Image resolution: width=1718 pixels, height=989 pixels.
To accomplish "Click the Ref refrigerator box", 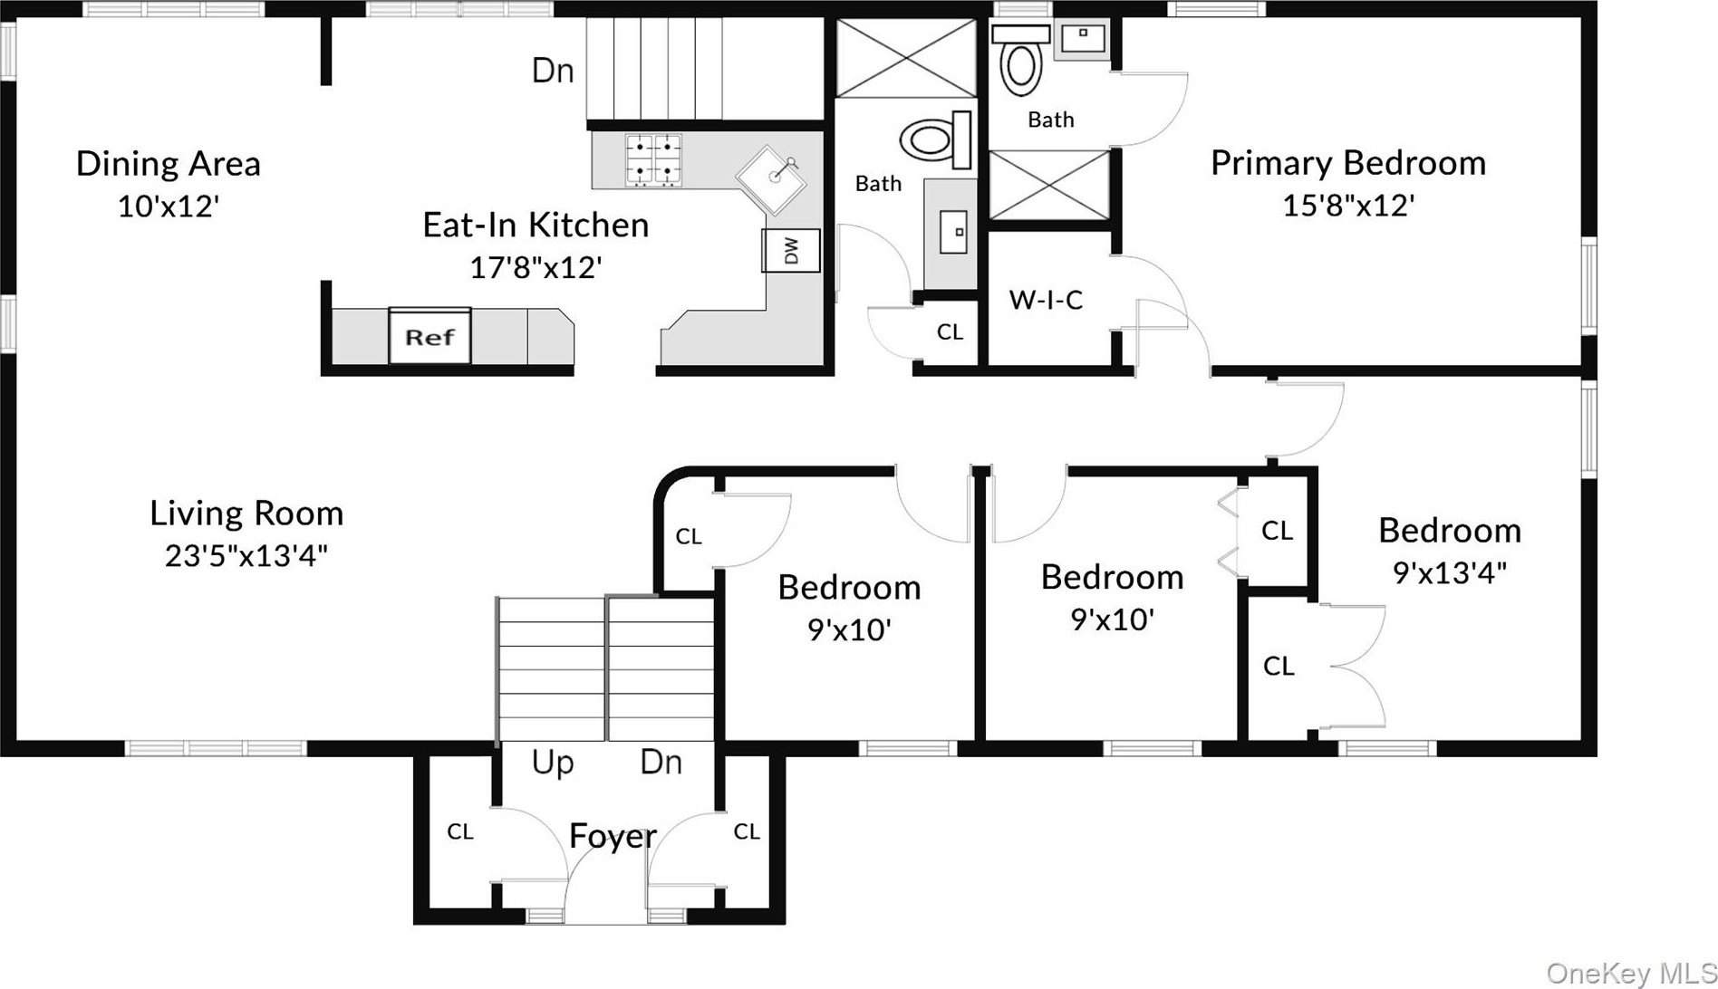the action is [429, 335].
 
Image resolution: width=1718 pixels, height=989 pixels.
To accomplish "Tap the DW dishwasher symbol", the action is [791, 251].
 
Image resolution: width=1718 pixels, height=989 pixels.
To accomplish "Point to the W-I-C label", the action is [1046, 300].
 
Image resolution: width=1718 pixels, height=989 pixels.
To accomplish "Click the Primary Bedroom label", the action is [1348, 163].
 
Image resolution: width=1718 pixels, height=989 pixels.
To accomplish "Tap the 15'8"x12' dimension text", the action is [1348, 206].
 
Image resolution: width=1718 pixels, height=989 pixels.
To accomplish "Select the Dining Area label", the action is [169, 164].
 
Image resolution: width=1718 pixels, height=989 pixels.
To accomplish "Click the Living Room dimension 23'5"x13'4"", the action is [246, 554].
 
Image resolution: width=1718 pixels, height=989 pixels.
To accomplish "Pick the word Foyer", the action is [613, 836].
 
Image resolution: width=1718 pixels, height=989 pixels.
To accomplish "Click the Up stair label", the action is [553, 763].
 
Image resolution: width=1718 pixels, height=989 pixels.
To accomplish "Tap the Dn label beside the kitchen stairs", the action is [553, 71].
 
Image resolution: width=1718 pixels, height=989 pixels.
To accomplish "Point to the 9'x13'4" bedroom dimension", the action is [1450, 572].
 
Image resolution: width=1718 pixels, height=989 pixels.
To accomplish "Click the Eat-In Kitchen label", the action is [536, 225].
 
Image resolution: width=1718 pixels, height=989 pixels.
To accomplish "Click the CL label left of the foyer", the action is [460, 831].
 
